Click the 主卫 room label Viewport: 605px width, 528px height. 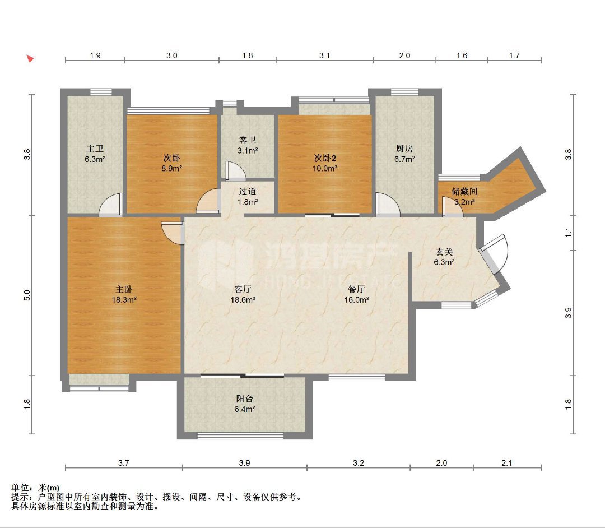(x=95, y=149)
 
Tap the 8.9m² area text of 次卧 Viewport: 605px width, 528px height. (x=172, y=168)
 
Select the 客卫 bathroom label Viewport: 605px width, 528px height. (x=248, y=140)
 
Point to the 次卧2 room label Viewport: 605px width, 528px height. (x=325, y=158)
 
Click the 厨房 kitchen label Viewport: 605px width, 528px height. (x=404, y=149)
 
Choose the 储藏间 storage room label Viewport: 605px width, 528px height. (x=464, y=191)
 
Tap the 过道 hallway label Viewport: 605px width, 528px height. (x=248, y=192)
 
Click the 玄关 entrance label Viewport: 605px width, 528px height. (x=444, y=252)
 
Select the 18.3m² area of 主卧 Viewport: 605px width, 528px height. (x=124, y=300)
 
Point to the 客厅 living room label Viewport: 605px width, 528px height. (x=243, y=289)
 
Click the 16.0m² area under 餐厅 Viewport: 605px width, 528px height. (x=357, y=300)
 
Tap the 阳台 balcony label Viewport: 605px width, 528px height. (x=245, y=399)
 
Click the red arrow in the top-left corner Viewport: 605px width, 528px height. (x=30, y=59)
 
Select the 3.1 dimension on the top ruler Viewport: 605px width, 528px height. (x=324, y=55)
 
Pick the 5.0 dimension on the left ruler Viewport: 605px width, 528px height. (x=27, y=295)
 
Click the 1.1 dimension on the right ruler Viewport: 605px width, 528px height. (x=568, y=233)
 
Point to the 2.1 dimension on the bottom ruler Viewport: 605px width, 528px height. (x=506, y=463)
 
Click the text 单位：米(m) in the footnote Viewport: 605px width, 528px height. (x=35, y=488)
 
